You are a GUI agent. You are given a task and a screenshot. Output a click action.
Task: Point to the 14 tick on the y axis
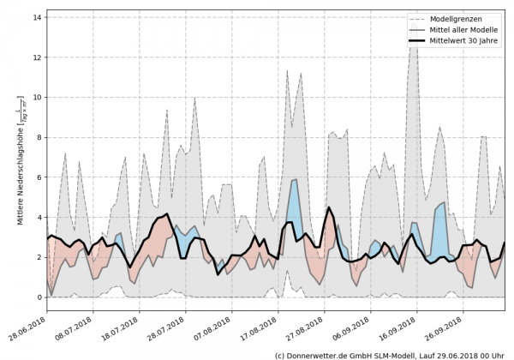click(37, 17)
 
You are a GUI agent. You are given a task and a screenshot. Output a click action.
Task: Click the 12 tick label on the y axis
click(37, 57)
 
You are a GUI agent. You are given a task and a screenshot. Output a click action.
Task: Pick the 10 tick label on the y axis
click(37, 98)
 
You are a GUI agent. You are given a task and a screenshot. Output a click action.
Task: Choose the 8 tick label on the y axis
click(39, 137)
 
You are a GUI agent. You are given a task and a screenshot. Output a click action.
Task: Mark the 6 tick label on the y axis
click(39, 177)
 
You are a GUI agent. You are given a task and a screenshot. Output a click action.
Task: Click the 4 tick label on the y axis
click(39, 218)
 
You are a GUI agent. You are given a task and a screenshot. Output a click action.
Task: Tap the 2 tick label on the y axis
click(39, 257)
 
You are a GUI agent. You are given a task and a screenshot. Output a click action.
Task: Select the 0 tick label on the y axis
click(39, 297)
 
